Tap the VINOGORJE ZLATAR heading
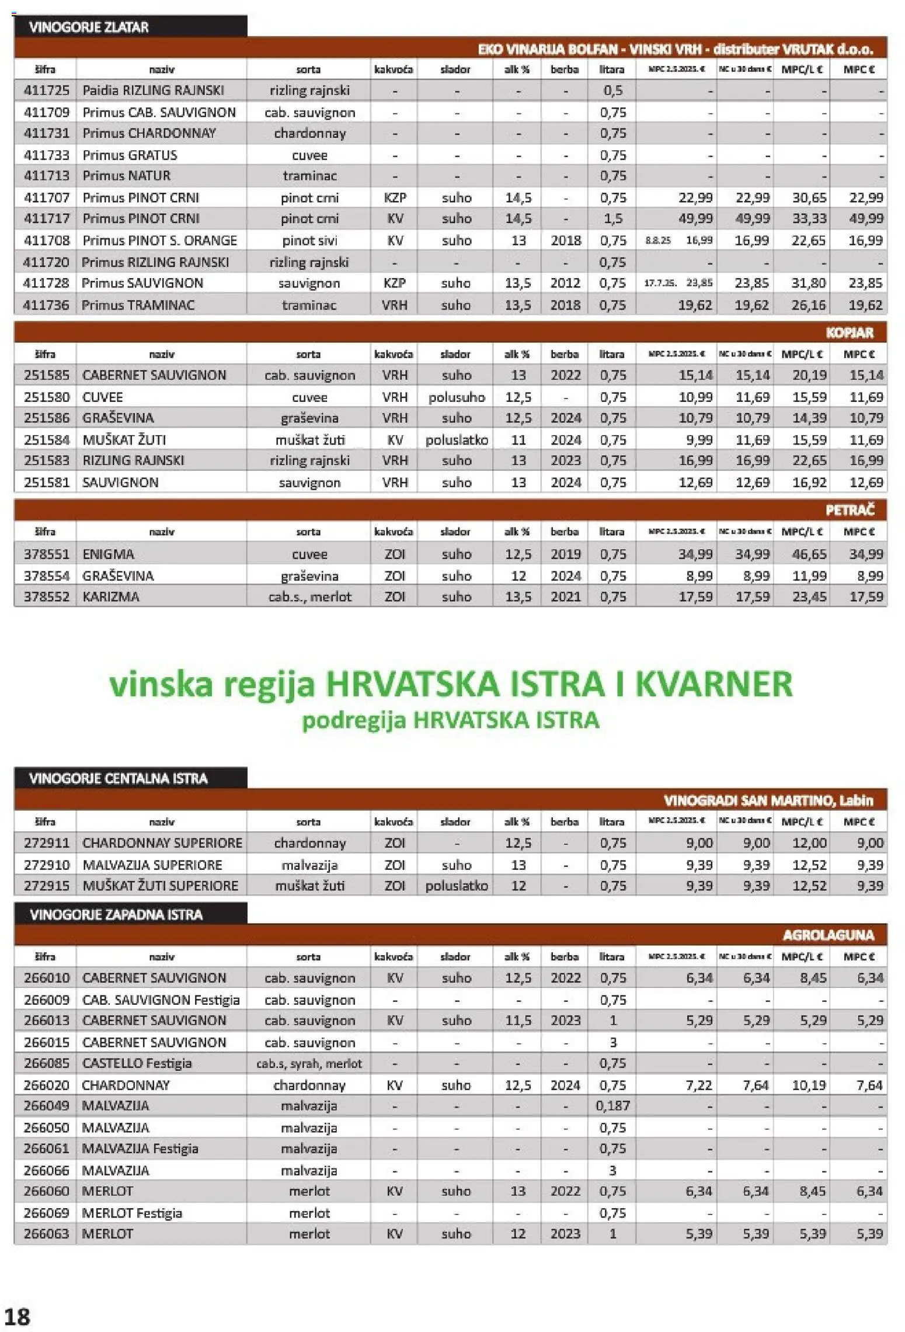coord(89,27)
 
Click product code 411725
coord(46,91)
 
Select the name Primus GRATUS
coord(130,155)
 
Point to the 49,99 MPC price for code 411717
coord(866,218)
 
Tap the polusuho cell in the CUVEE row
coord(457,397)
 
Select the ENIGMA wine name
coord(108,554)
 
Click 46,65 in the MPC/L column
coord(809,554)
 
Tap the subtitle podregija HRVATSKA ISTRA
coord(450,720)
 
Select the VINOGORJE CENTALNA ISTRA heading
coord(118,778)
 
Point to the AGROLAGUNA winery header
coord(828,935)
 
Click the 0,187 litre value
coord(612,1105)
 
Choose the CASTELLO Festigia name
coord(137,1063)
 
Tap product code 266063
coord(46,1233)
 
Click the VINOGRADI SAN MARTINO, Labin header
coord(768,800)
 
